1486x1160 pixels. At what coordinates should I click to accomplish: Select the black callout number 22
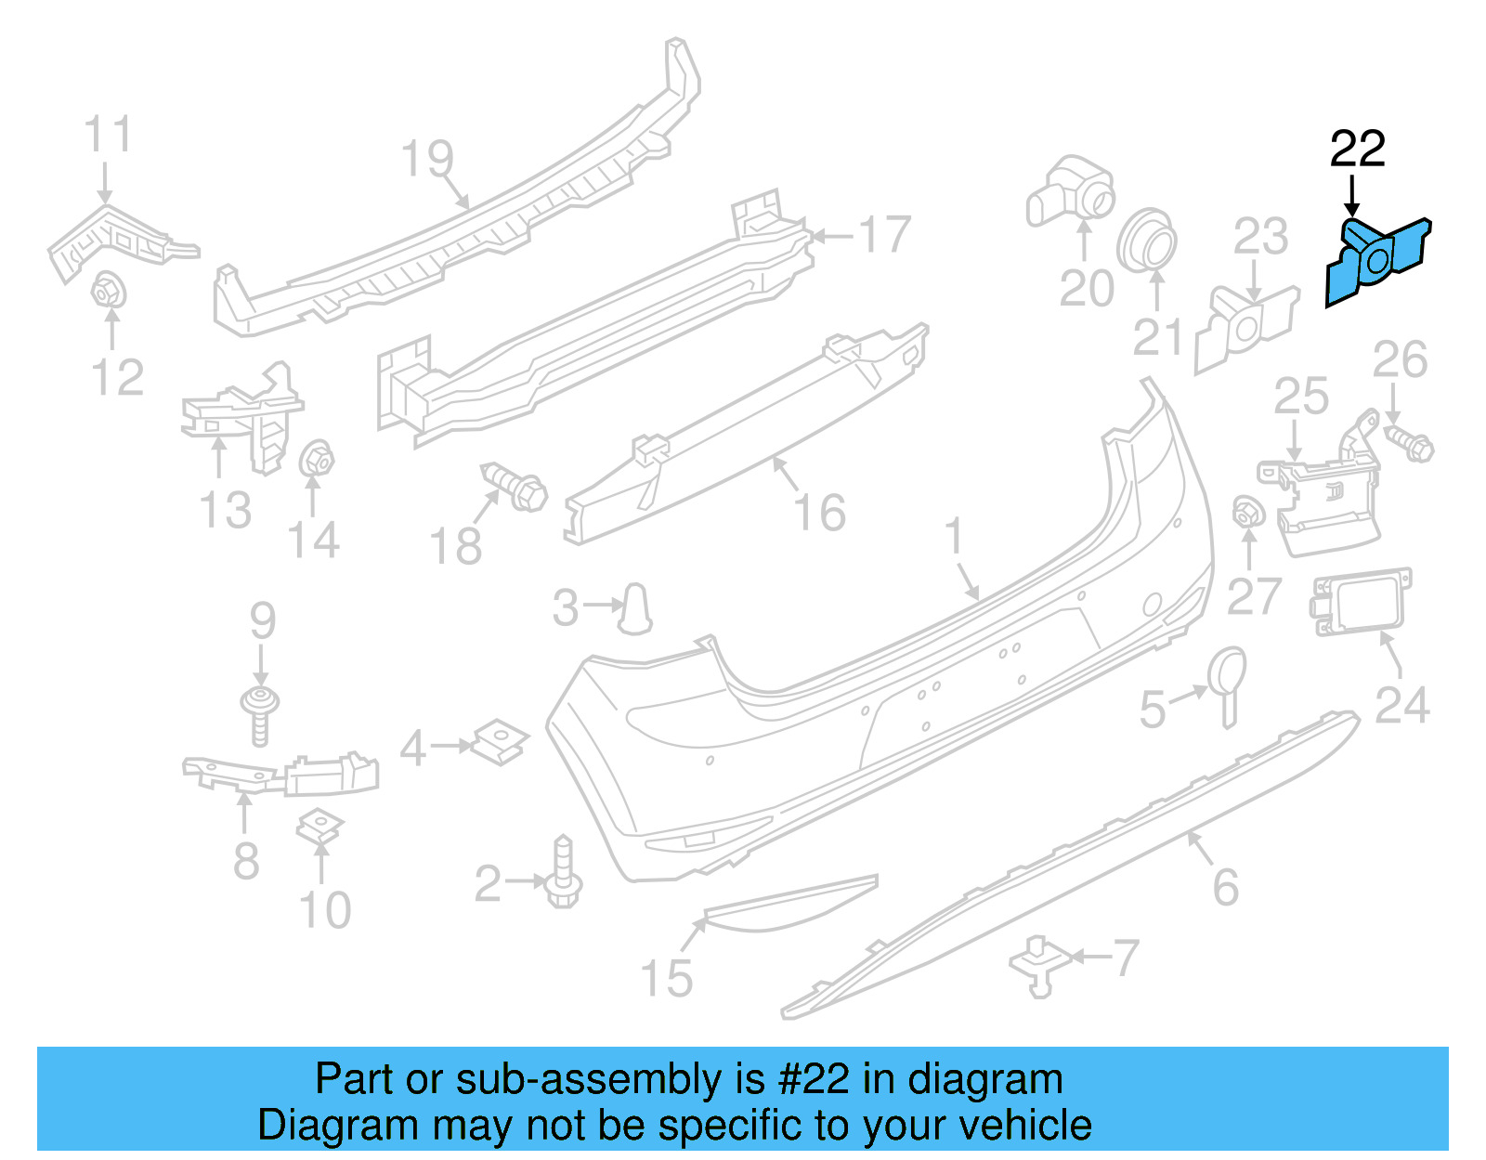(1357, 149)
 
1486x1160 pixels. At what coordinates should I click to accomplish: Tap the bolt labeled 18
(517, 486)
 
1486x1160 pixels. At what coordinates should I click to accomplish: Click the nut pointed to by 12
(109, 291)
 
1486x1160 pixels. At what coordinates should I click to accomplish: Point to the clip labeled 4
(500, 742)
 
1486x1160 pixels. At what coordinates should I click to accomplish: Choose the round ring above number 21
(1148, 241)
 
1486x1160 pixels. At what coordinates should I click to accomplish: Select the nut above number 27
(1247, 512)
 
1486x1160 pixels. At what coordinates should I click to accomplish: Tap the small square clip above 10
(319, 826)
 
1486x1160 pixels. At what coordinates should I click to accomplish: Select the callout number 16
(820, 513)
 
